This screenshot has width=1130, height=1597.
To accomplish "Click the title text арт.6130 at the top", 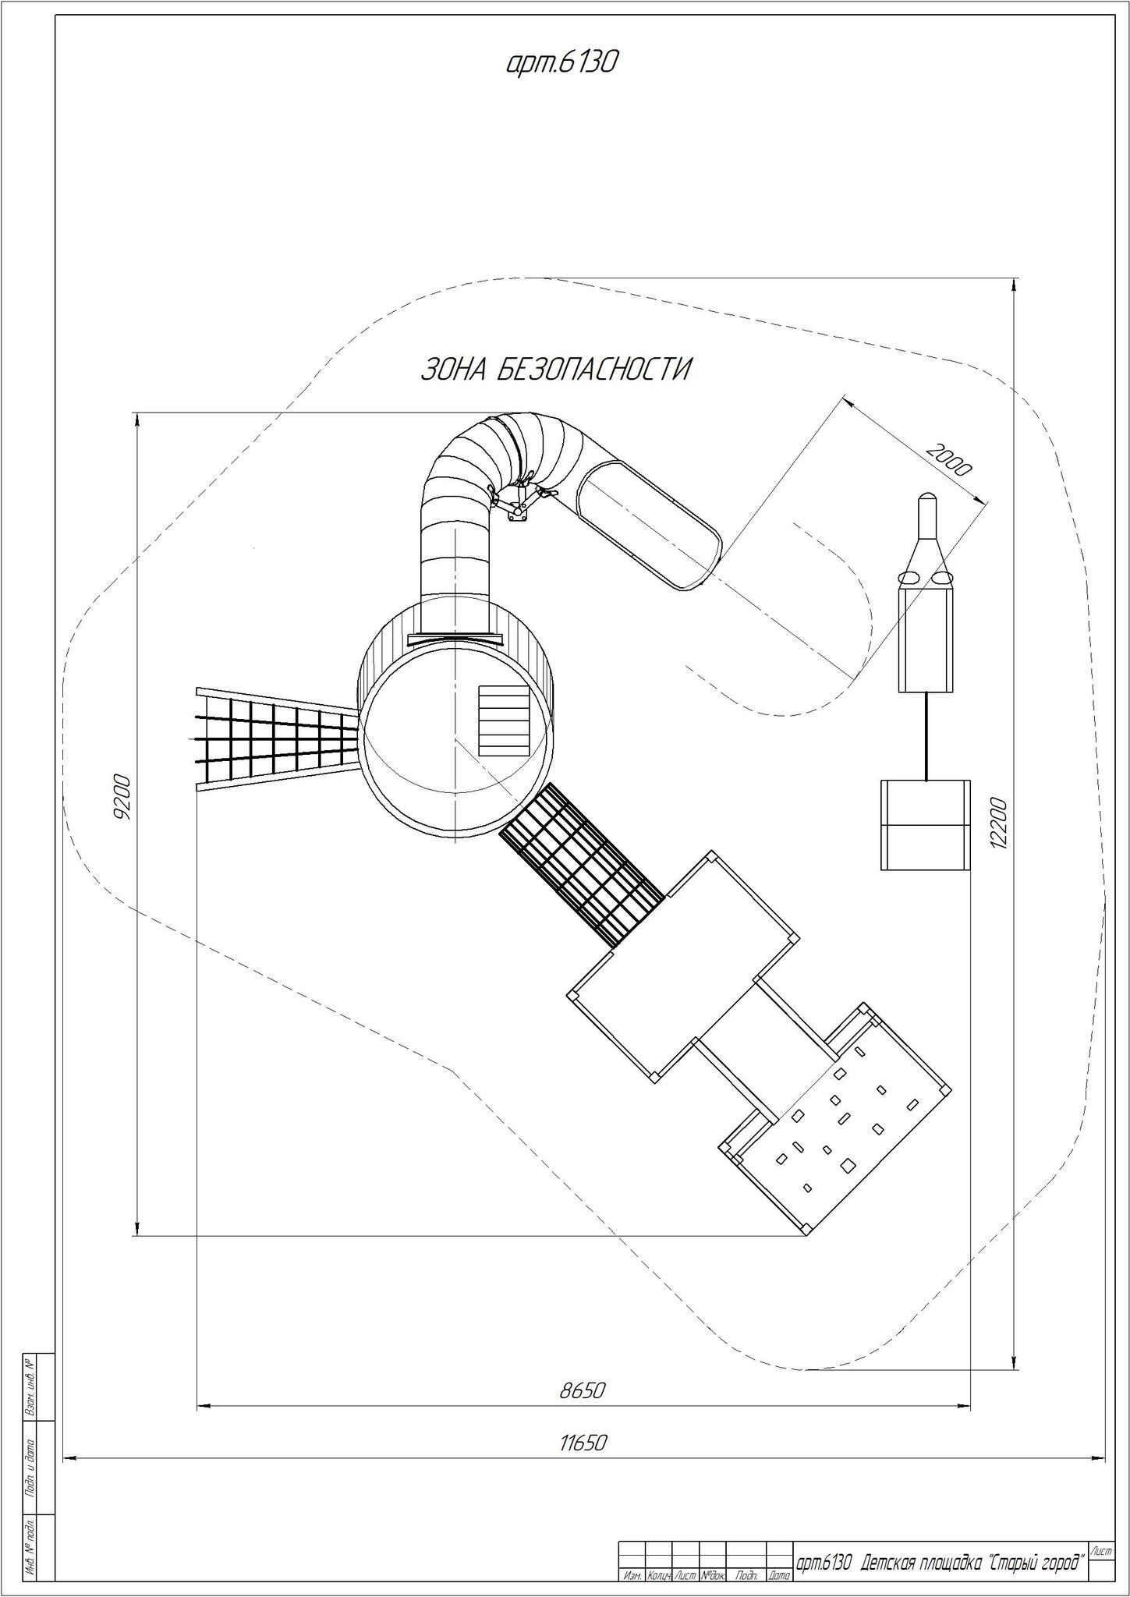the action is tap(561, 62).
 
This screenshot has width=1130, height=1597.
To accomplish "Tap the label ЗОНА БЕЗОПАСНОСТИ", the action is tap(556, 370).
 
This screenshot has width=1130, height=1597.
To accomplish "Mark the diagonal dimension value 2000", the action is tap(949, 459).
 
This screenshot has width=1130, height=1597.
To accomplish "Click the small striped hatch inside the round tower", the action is tap(505, 720).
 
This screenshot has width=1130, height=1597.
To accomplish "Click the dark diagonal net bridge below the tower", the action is tap(582, 866).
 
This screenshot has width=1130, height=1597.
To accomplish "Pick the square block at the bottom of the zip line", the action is tap(926, 825).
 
